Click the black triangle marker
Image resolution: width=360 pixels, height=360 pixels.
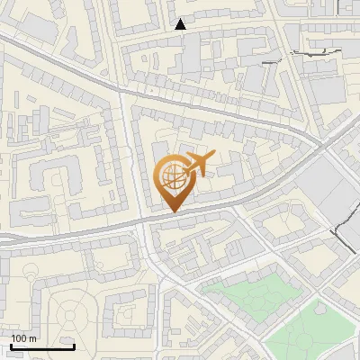point(181,24)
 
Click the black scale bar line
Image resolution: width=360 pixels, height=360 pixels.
point(42,346)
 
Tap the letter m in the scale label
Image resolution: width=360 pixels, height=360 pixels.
point(33,338)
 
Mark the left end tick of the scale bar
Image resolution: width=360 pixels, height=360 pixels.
point(11,345)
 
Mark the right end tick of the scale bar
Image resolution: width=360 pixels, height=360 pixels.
point(74,345)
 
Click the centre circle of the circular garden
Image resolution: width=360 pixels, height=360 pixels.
point(70,315)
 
